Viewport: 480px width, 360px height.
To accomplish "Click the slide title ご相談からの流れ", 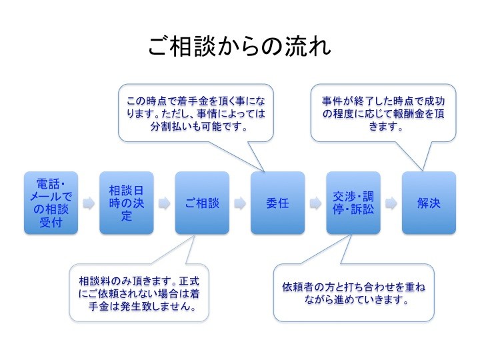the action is click(x=240, y=47).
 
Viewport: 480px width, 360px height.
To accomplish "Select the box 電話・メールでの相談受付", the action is click(x=51, y=203).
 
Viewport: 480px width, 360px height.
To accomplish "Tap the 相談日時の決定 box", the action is click(x=127, y=203).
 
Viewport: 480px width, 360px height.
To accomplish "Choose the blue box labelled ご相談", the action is click(x=202, y=203).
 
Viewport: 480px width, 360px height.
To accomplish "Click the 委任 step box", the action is click(x=277, y=203).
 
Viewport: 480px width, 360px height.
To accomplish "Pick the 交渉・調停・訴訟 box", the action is click(x=353, y=203).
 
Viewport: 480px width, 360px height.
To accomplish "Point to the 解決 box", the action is click(x=429, y=203).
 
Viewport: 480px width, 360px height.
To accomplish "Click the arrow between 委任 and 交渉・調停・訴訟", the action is click(x=315, y=203).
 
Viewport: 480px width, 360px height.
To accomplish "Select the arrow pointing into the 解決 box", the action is click(x=391, y=203).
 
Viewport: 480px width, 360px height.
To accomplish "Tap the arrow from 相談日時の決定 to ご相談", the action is click(x=165, y=203).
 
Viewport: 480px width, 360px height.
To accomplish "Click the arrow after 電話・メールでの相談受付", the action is click(x=89, y=203).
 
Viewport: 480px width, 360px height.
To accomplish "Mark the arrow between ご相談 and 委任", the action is click(x=240, y=203).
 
